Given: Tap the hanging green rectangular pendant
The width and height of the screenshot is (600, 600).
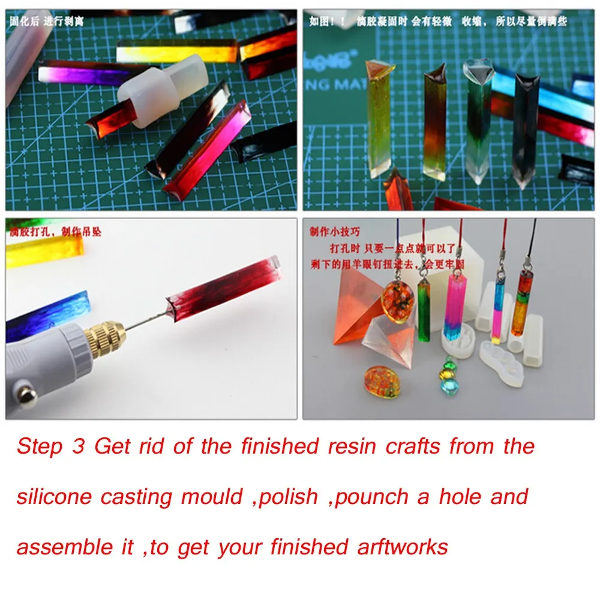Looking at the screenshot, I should click(x=425, y=310).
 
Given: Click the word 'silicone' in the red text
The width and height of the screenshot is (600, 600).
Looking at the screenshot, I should click(x=54, y=497).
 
